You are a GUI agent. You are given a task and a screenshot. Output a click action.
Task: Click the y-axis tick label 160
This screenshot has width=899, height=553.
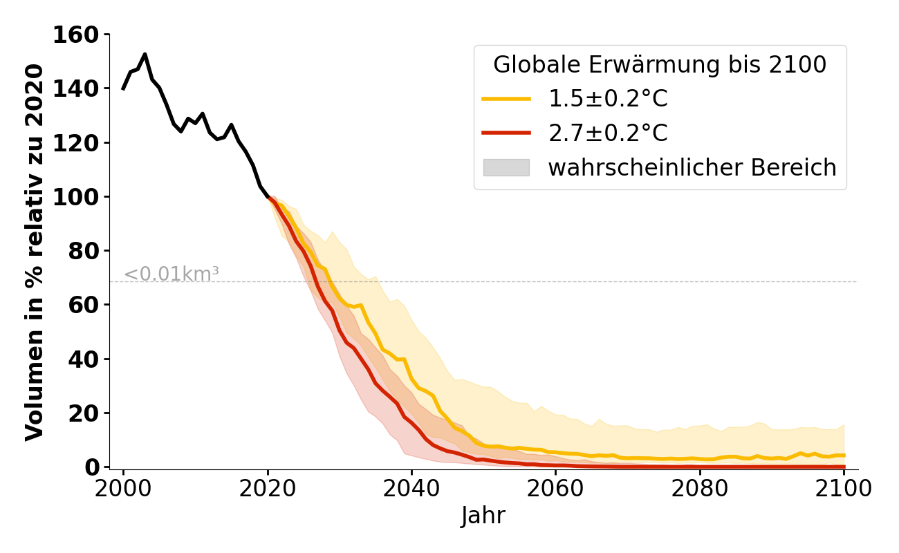[x=77, y=35]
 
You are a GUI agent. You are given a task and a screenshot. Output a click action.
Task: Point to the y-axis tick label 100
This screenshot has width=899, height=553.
[x=77, y=197]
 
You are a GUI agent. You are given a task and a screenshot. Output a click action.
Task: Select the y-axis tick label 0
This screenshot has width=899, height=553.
[x=93, y=467]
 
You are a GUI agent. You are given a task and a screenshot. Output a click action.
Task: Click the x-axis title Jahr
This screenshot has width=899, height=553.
[x=483, y=516]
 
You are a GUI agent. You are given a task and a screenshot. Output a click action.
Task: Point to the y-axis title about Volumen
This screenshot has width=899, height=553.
[x=35, y=252]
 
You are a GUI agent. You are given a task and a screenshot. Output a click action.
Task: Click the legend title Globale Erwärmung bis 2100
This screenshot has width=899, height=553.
[x=660, y=65]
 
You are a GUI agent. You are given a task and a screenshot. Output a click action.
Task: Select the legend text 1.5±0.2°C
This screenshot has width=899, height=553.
[x=608, y=100]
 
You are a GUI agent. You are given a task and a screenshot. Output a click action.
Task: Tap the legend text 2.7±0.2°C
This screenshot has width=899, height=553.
[x=608, y=133]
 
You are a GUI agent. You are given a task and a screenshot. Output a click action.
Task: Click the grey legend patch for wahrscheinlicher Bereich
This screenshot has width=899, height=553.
[x=506, y=167]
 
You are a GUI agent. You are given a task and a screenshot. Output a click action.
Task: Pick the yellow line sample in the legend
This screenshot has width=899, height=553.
[x=506, y=100]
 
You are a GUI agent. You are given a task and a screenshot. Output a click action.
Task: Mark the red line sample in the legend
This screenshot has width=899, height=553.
[x=506, y=133]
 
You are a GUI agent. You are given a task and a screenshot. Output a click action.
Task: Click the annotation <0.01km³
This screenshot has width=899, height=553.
[x=172, y=274]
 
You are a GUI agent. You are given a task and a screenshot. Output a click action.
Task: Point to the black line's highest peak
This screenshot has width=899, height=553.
[x=145, y=54]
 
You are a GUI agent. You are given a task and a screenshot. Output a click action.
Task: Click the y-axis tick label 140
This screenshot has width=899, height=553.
[x=77, y=88]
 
